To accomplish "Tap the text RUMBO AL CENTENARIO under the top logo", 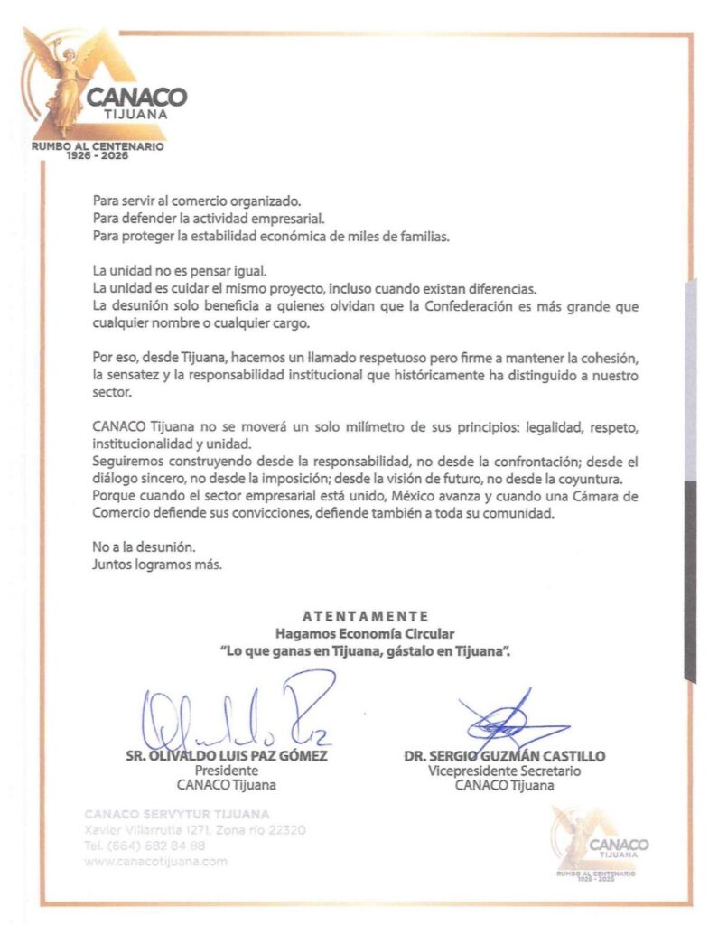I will click(98, 146).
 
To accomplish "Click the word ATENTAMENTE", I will click(365, 616).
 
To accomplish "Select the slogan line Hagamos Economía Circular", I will click(365, 633).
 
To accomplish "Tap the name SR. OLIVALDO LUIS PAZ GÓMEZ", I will click(227, 756).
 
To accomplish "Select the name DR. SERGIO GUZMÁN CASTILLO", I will click(504, 756).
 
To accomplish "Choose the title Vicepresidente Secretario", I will click(504, 771).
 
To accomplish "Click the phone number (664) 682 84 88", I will click(145, 846).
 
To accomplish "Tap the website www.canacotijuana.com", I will click(155, 861).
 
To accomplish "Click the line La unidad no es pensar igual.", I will click(180, 271).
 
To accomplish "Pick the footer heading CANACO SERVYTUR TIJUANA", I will click(176, 814).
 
